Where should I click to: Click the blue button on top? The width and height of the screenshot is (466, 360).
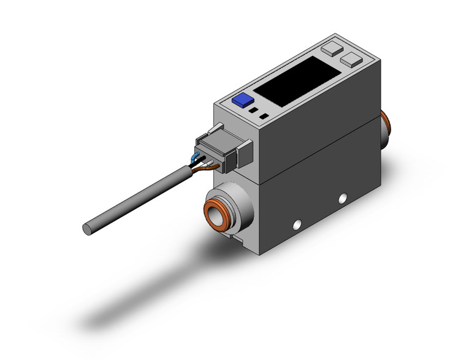(x=242, y=100)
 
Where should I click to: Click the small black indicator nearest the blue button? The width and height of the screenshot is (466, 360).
(x=253, y=111)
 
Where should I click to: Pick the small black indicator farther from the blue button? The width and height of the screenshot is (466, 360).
(x=264, y=116)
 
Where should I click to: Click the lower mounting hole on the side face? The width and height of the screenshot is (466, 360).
(x=299, y=224)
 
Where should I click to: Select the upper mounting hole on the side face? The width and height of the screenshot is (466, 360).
(x=343, y=197)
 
